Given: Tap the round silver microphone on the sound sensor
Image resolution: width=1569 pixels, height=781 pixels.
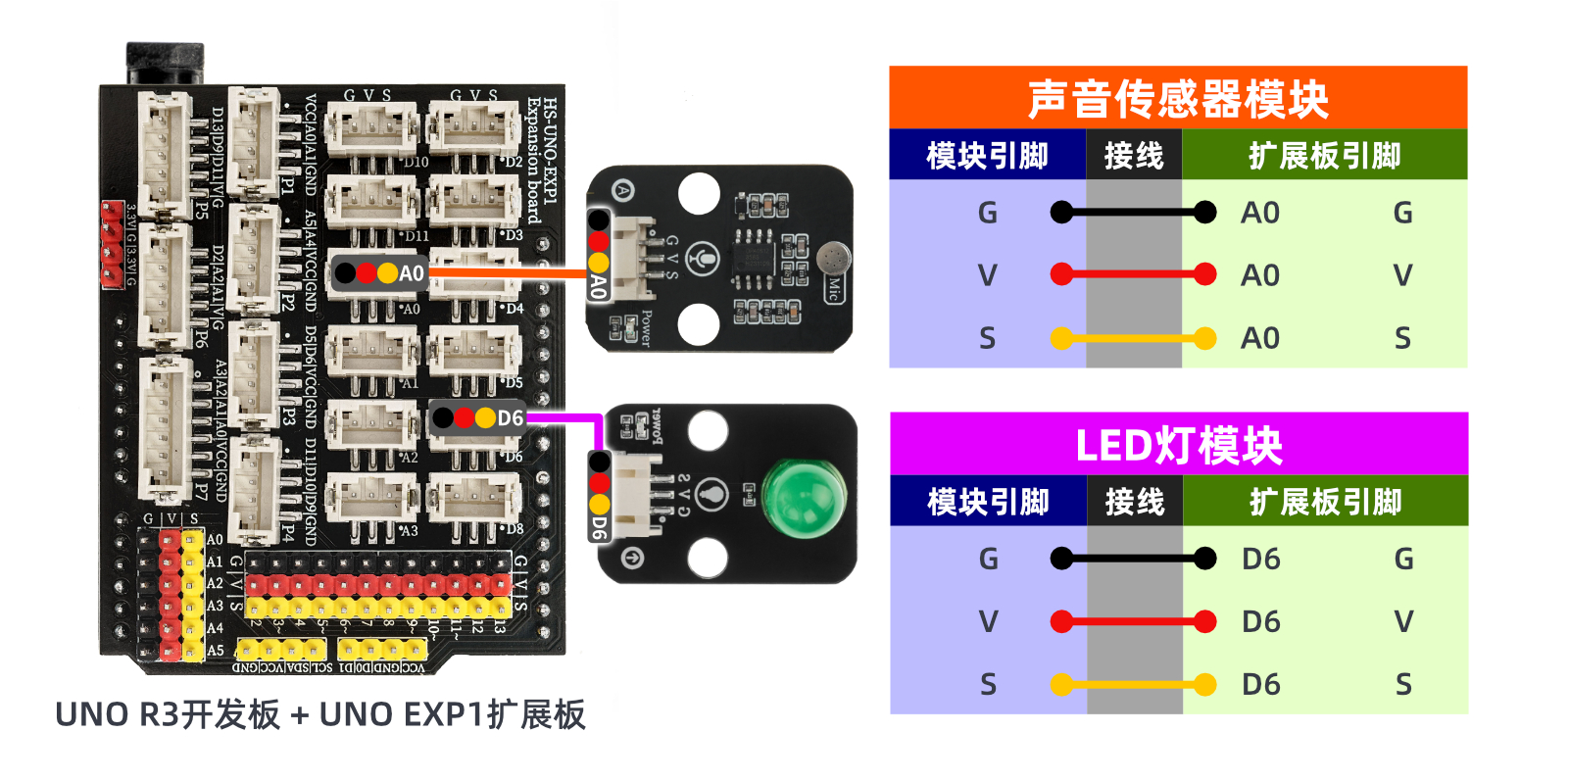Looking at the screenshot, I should [833, 259].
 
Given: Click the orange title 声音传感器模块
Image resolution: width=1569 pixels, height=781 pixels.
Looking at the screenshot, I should [1177, 98].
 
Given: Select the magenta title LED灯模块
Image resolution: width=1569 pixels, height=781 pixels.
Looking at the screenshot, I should [1178, 445].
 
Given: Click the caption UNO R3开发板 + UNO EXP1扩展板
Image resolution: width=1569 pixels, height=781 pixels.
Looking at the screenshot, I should [320, 714].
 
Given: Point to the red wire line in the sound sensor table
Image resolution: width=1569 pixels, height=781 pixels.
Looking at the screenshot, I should [1133, 274].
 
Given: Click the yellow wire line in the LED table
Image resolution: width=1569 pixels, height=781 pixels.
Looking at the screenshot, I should [1133, 684].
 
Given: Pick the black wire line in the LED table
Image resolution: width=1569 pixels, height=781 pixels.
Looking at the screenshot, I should [1133, 559].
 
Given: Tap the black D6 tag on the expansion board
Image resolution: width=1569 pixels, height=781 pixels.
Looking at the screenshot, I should [478, 418].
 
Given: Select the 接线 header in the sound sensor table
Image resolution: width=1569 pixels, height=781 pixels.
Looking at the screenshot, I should [1133, 155].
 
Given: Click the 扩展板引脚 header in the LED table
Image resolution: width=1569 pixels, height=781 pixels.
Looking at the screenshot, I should [1325, 502].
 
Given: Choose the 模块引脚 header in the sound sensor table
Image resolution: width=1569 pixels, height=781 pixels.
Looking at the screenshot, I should [987, 155].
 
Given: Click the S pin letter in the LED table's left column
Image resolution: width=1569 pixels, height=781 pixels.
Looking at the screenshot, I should [988, 684].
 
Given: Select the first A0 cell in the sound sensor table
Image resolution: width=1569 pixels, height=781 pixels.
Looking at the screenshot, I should [1260, 213].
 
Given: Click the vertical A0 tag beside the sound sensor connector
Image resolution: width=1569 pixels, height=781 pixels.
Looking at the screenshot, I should [598, 286].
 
